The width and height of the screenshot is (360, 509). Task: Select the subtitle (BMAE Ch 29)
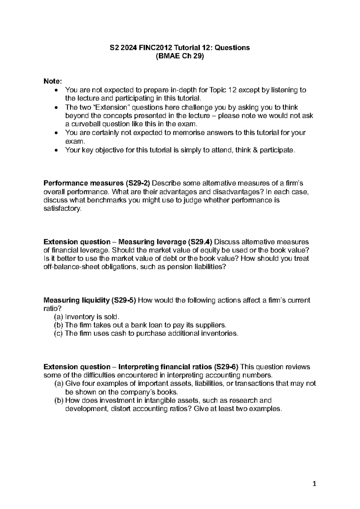pyautogui.click(x=180, y=56)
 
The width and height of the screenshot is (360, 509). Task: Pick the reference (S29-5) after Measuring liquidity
pyautogui.click(x=124, y=300)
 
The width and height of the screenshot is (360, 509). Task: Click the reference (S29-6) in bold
pyautogui.click(x=226, y=367)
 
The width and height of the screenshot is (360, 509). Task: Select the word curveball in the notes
pyautogui.click(x=86, y=124)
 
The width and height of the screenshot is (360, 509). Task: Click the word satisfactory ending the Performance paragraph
pyautogui.click(x=62, y=209)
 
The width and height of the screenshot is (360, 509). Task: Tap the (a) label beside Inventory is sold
pyautogui.click(x=58, y=317)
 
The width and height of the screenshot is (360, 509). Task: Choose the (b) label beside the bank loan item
pyautogui.click(x=58, y=325)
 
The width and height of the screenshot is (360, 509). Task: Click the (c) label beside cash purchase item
pyautogui.click(x=58, y=333)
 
